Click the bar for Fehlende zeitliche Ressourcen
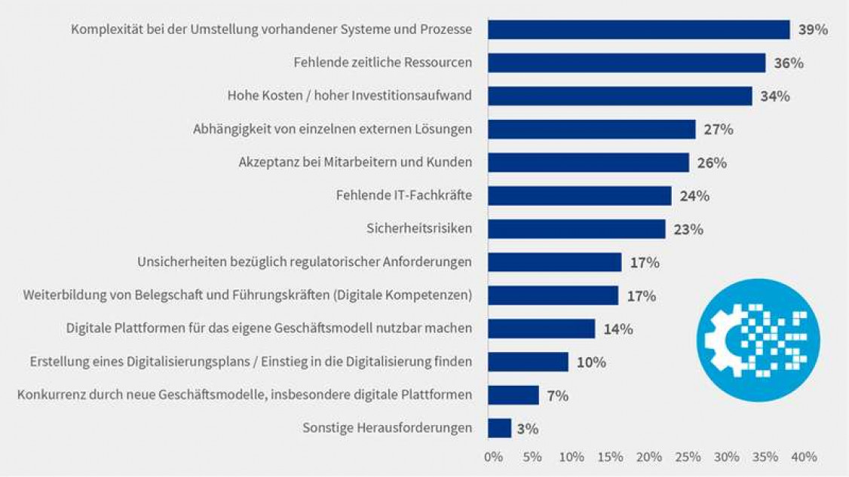coord(626,63)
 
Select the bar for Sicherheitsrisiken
coord(576,229)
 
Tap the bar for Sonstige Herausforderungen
coord(499,428)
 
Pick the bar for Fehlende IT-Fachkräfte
coord(579,196)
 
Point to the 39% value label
coord(813,29)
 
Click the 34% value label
coord(775,96)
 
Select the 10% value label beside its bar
coord(591,362)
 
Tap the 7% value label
coord(558,395)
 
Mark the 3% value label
coord(528,428)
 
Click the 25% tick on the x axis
coord(688,457)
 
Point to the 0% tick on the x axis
coord(492,457)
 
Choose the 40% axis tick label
coord(804,457)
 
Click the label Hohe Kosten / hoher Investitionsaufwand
coord(350,96)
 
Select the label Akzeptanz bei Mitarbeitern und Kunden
coord(355,162)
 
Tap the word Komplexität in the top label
coord(105,29)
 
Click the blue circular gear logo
coord(757,340)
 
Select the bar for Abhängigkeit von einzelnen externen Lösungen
coord(591,130)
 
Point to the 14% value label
coord(618,329)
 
